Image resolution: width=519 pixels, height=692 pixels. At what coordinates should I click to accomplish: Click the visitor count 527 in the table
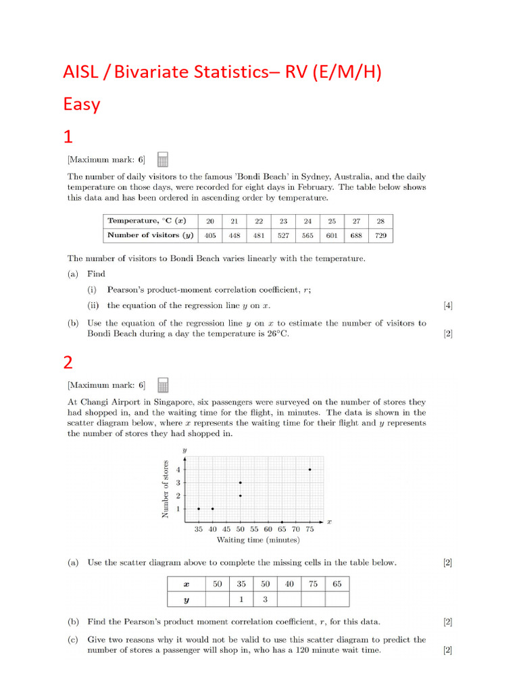click(x=283, y=235)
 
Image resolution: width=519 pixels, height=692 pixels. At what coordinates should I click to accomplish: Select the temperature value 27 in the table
click(x=356, y=221)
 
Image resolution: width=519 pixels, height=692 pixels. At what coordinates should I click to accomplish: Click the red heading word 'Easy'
click(x=82, y=104)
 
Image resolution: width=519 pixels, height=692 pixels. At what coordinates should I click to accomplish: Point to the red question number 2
click(x=68, y=362)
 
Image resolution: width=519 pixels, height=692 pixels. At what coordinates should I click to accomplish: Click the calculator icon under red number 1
click(x=162, y=159)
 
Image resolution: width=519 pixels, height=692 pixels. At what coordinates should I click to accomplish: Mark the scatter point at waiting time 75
click(x=310, y=469)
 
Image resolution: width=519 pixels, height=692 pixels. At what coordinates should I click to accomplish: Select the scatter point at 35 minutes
click(x=199, y=509)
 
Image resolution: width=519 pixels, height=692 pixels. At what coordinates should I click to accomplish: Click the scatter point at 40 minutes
click(x=213, y=509)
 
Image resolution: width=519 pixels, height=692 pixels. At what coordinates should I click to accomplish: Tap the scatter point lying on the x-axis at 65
click(x=282, y=522)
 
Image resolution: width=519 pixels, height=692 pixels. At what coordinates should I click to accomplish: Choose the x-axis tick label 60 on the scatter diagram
click(x=268, y=530)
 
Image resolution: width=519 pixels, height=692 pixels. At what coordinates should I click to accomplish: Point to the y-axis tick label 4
click(x=178, y=469)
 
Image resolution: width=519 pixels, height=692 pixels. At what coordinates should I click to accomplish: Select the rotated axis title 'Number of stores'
click(x=165, y=488)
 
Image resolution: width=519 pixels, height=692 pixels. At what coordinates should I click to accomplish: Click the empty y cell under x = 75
click(x=313, y=599)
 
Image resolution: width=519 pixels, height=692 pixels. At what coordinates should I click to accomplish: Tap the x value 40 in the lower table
click(x=289, y=583)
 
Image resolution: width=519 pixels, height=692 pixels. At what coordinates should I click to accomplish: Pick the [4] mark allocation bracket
click(x=448, y=305)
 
